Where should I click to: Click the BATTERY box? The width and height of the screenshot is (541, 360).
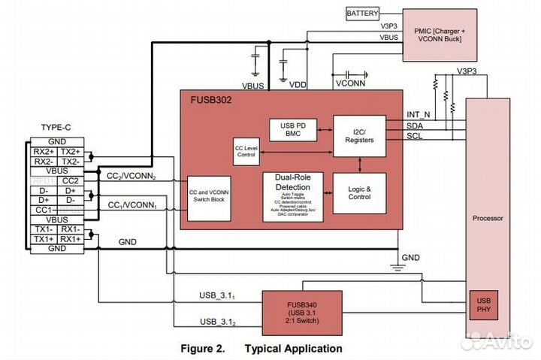[x=362, y=14]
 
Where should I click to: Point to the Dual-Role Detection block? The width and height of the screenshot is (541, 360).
[x=292, y=197]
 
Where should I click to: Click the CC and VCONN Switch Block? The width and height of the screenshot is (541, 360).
[x=209, y=198]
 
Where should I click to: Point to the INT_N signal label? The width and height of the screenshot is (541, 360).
[x=418, y=114]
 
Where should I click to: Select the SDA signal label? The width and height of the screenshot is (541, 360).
[x=414, y=126]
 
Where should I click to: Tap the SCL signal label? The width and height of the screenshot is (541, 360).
[x=414, y=136]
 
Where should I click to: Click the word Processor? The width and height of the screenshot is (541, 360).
[x=488, y=219]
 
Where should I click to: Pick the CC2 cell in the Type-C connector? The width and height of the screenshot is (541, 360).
[x=70, y=180]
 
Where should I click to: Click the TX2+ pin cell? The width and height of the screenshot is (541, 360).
[x=70, y=151]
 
